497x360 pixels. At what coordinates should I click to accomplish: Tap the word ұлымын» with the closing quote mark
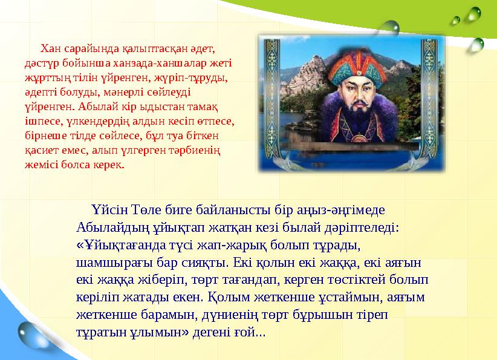161,333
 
